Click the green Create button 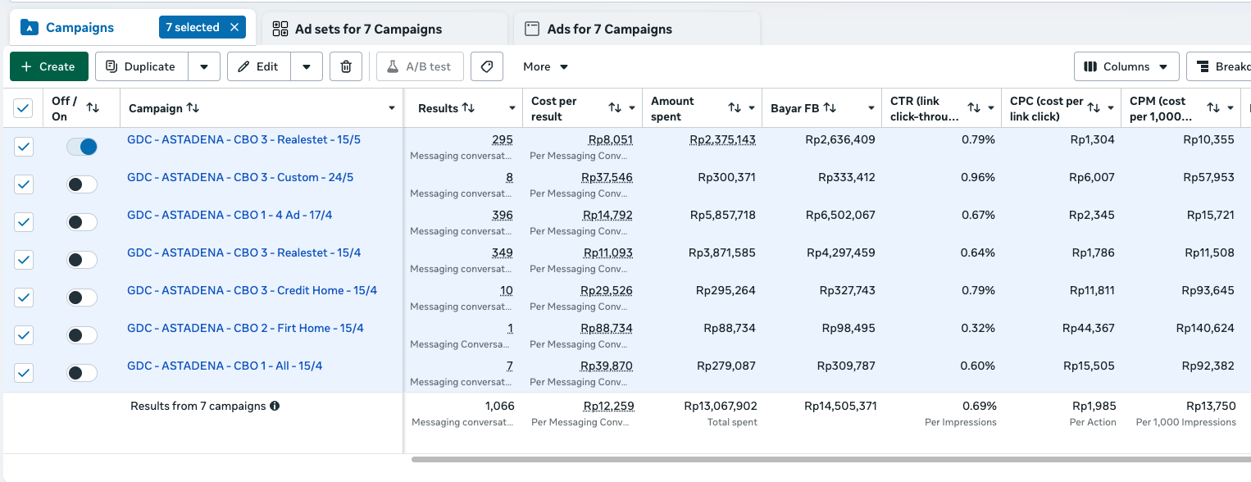click(49, 66)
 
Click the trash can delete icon click(346, 66)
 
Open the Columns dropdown click(1126, 66)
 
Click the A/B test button click(420, 66)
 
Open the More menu click(545, 66)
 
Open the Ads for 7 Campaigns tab click(598, 29)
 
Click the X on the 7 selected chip click(234, 27)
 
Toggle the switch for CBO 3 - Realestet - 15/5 click(81, 147)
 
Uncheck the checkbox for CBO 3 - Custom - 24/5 click(24, 184)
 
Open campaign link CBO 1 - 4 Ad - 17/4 click(230, 215)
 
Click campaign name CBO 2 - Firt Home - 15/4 click(245, 328)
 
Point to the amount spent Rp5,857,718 click(723, 215)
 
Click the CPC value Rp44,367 click(1088, 329)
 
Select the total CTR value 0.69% click(980, 406)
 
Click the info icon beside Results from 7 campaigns click(275, 406)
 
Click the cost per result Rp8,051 click(610, 139)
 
